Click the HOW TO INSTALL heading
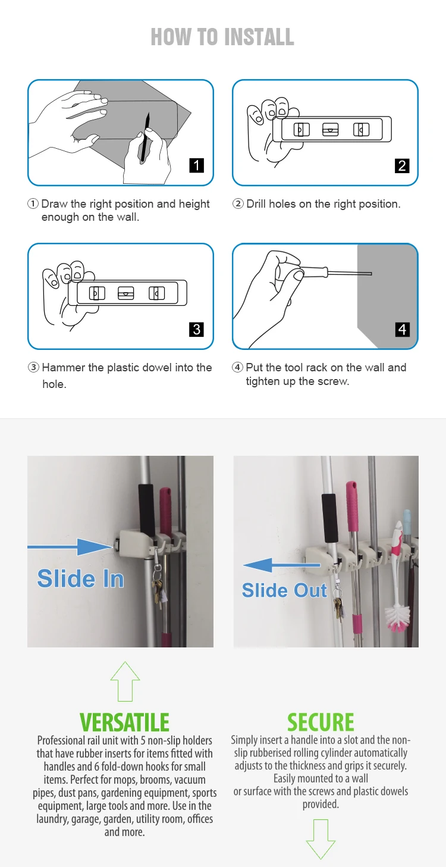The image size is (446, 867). (x=222, y=37)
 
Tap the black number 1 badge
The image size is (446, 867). (x=196, y=165)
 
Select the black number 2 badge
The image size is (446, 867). (x=402, y=165)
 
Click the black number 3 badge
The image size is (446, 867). (x=196, y=328)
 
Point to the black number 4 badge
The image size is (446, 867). (x=402, y=328)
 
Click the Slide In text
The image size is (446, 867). (x=80, y=578)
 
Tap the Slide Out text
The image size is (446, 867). (x=284, y=590)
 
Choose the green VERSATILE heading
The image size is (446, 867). (x=124, y=722)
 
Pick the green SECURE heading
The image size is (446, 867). (x=321, y=722)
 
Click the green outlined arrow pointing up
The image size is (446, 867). (x=125, y=681)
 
